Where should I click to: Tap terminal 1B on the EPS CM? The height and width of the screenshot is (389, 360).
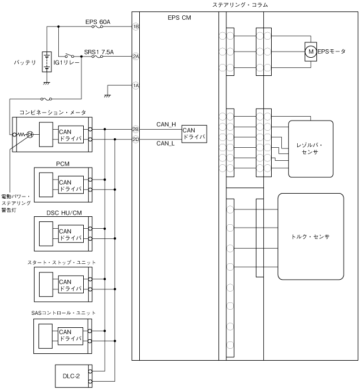136,27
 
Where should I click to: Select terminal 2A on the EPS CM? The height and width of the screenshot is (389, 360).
136,56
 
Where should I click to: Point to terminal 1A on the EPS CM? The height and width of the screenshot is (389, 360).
136,86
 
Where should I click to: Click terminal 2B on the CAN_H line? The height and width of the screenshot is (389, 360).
136,129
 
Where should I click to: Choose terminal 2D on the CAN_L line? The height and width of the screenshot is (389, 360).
136,139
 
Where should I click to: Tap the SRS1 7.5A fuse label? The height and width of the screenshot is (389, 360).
99,52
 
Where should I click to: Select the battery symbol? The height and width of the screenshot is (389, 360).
46,62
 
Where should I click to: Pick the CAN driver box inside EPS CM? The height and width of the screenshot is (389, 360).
193,134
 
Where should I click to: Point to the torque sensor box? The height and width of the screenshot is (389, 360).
310,236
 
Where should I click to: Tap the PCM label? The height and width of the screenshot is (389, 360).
62,164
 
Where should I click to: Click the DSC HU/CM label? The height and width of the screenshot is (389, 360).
62,213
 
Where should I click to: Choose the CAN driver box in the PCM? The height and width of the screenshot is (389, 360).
70,185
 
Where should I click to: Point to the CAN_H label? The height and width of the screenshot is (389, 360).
166,123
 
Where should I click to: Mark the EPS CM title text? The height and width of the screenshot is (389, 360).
179,18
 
